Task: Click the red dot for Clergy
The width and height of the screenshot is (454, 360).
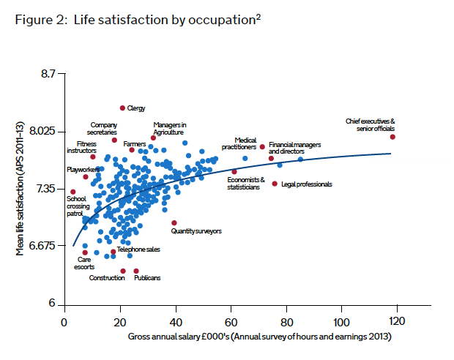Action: click(x=122, y=108)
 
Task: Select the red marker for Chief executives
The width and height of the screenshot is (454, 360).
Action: click(x=392, y=137)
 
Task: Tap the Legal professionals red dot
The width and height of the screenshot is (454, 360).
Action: click(x=275, y=184)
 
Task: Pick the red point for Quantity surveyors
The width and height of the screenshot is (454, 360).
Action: click(x=174, y=222)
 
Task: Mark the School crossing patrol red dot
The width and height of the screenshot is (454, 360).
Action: click(x=73, y=192)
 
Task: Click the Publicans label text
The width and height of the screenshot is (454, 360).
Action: click(x=147, y=278)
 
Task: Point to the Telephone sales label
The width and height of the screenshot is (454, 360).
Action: click(x=138, y=250)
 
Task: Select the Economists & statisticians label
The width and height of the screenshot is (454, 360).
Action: click(x=243, y=184)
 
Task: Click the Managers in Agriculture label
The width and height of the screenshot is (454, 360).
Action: click(x=169, y=128)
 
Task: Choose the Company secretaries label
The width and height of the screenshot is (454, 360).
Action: click(x=103, y=128)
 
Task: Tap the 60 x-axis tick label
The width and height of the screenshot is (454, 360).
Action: click(x=231, y=322)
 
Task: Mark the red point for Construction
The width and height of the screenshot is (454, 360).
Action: click(x=123, y=271)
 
